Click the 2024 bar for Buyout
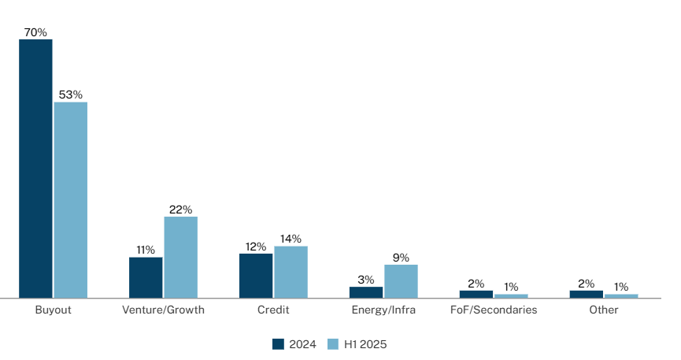[x=35, y=169]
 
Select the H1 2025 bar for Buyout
[x=71, y=200]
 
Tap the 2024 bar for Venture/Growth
[x=146, y=277]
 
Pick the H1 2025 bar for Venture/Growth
[x=181, y=258]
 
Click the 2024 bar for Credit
[x=256, y=276]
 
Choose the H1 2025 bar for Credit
[x=291, y=272]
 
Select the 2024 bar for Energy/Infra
[x=366, y=292]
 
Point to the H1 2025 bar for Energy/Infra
[x=402, y=281]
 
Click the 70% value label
[x=35, y=32]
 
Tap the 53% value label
[x=71, y=95]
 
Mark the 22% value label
[x=181, y=210]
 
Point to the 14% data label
[x=291, y=239]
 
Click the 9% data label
[x=402, y=257]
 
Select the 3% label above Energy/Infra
[x=366, y=279]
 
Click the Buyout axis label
[x=54, y=310]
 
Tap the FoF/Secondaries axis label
[x=494, y=310]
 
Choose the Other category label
[x=604, y=310]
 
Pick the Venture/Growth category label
[x=163, y=310]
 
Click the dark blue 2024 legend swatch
[x=278, y=343]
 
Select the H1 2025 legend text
[x=365, y=343]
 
